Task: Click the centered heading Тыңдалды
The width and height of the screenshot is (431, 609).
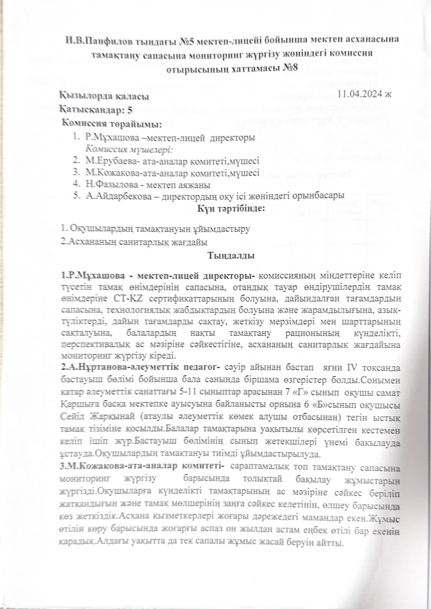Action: click(x=231, y=256)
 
